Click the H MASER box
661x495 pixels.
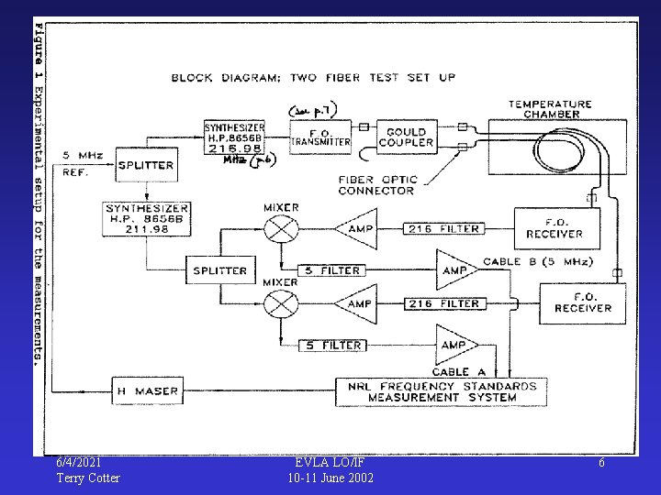pyautogui.click(x=145, y=391)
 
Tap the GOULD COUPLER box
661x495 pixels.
pyautogui.click(x=406, y=137)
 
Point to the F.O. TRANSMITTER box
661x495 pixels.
pyautogui.click(x=321, y=137)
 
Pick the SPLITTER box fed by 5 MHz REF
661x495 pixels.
pyautogui.click(x=145, y=165)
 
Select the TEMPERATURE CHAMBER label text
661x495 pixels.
pyautogui.click(x=551, y=109)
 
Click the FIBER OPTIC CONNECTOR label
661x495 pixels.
pyautogui.click(x=377, y=185)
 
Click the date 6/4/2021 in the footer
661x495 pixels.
pyautogui.click(x=79, y=462)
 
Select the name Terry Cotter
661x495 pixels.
pyautogui.click(x=88, y=478)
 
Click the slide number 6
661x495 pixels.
pyautogui.click(x=601, y=463)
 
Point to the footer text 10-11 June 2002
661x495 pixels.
pyautogui.click(x=330, y=478)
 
